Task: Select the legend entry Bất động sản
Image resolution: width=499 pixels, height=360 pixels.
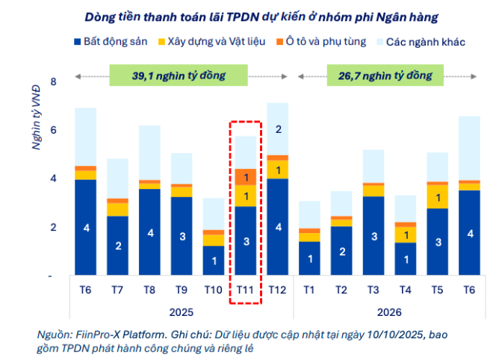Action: tap(111, 42)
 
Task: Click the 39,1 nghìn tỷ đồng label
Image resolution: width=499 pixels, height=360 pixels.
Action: tap(179, 75)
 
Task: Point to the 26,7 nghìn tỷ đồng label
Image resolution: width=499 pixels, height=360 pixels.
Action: tap(385, 75)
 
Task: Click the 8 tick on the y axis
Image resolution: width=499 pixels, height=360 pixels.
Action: tap(52, 82)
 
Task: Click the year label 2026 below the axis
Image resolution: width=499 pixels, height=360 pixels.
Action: tap(385, 311)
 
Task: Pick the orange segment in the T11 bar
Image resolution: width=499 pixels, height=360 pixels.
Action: tap(245, 176)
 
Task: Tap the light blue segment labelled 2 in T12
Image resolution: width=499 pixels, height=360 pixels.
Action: tap(277, 129)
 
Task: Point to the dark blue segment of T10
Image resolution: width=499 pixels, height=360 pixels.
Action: tap(213, 261)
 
